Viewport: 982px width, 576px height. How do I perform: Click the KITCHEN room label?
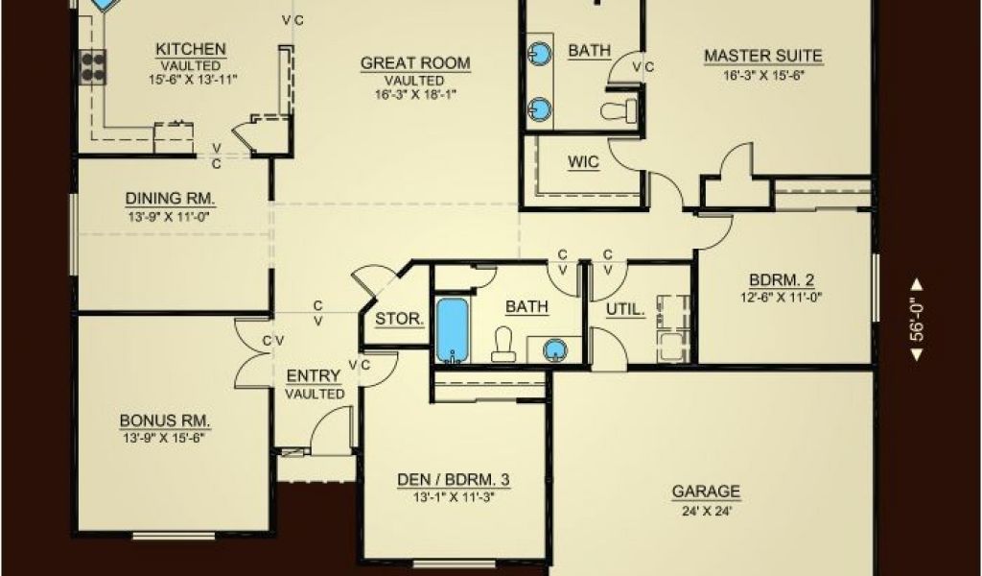pos(191,49)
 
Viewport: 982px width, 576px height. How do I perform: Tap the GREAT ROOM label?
pos(415,63)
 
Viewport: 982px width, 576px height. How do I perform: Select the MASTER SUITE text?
pos(762,56)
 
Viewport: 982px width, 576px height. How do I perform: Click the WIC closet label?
pos(583,162)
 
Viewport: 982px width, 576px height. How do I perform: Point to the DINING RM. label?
pos(171,199)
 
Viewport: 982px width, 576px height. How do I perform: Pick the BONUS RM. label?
pos(165,420)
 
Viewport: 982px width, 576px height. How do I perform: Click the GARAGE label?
pos(706,492)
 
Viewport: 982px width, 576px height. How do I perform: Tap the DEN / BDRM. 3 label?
pos(454,480)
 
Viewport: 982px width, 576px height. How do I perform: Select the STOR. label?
pos(400,319)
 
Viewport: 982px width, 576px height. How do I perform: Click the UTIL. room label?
pos(625,310)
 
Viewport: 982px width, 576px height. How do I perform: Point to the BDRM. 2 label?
pos(782,280)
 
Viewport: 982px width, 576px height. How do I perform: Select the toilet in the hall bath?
pos(503,344)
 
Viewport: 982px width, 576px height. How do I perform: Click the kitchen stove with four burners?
pos(93,67)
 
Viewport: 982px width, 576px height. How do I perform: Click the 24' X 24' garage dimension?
pos(707,511)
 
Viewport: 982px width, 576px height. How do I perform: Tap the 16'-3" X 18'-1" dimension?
pos(414,95)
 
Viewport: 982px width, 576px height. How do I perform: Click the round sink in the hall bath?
pos(554,349)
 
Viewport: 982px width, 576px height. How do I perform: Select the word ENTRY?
pos(314,376)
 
